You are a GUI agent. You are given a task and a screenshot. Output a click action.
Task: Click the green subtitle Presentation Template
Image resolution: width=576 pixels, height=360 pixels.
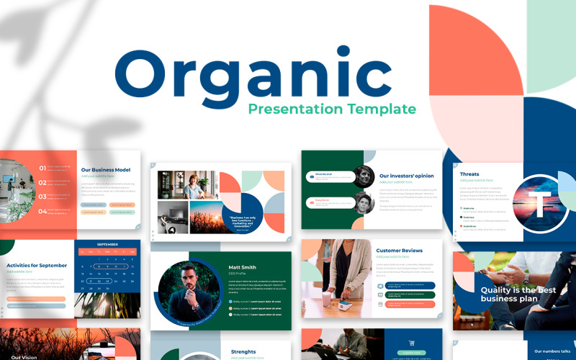332,109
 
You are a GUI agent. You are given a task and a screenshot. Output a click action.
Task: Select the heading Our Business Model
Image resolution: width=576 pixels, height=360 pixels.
106,170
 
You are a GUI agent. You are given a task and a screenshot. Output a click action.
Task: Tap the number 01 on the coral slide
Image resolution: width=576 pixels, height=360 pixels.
42,168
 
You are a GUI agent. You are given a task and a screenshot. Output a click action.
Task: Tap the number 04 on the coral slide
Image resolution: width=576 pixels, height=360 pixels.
42,211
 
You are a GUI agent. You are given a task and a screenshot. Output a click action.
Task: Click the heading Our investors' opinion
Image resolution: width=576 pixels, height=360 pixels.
406,176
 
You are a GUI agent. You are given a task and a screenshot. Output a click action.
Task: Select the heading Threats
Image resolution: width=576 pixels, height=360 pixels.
469,174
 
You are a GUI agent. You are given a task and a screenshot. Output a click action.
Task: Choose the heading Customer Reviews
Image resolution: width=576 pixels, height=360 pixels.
399,251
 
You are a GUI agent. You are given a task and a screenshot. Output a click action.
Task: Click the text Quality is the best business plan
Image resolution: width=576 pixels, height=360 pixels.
518,294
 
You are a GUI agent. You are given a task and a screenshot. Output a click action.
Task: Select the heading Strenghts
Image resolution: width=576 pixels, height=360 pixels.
243,352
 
